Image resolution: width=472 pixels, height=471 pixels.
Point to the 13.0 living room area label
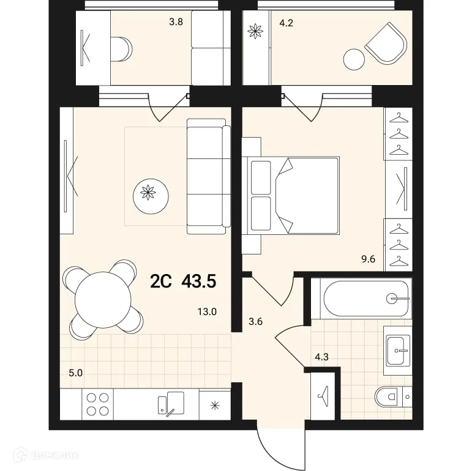(207, 311)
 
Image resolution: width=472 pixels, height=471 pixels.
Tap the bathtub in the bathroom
(361, 299)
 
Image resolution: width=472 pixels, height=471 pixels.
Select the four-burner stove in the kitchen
(97, 404)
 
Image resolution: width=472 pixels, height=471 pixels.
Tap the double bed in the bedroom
(294, 195)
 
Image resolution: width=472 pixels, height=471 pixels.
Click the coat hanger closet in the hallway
(323, 396)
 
